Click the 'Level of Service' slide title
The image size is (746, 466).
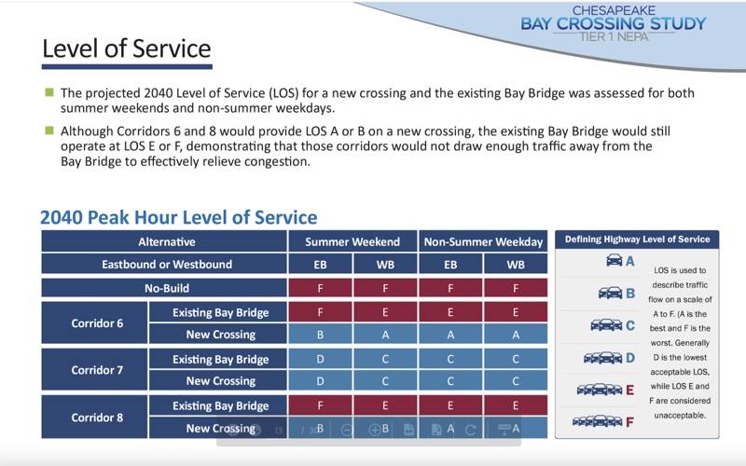(127, 48)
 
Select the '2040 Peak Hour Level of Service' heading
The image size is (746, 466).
(178, 217)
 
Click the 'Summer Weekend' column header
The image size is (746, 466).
(352, 241)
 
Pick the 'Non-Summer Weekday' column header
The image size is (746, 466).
(483, 241)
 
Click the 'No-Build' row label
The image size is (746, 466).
(166, 288)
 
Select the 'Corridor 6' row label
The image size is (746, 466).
(97, 323)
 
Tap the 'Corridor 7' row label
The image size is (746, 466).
(97, 370)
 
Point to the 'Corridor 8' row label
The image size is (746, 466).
(97, 417)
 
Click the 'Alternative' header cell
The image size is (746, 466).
(166, 241)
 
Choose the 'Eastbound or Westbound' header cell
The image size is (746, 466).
(166, 265)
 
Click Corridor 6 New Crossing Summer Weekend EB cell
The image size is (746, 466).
(320, 335)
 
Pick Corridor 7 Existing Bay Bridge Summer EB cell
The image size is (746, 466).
(320, 359)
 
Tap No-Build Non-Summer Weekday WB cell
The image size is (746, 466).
(516, 288)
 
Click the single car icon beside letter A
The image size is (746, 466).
(614, 261)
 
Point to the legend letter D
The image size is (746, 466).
(630, 357)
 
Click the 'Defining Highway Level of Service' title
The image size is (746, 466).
(637, 240)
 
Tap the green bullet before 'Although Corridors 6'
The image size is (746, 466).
(49, 131)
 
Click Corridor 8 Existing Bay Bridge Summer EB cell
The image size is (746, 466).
(320, 405)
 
